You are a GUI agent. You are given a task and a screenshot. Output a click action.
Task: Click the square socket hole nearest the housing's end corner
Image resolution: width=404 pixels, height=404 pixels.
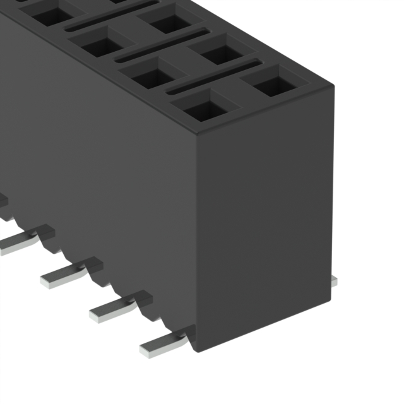tap(203, 107)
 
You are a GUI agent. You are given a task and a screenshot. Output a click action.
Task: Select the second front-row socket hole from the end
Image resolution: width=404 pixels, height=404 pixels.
tap(152, 74)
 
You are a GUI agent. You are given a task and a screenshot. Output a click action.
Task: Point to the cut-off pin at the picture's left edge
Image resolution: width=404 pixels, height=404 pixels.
tap(3, 201)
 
